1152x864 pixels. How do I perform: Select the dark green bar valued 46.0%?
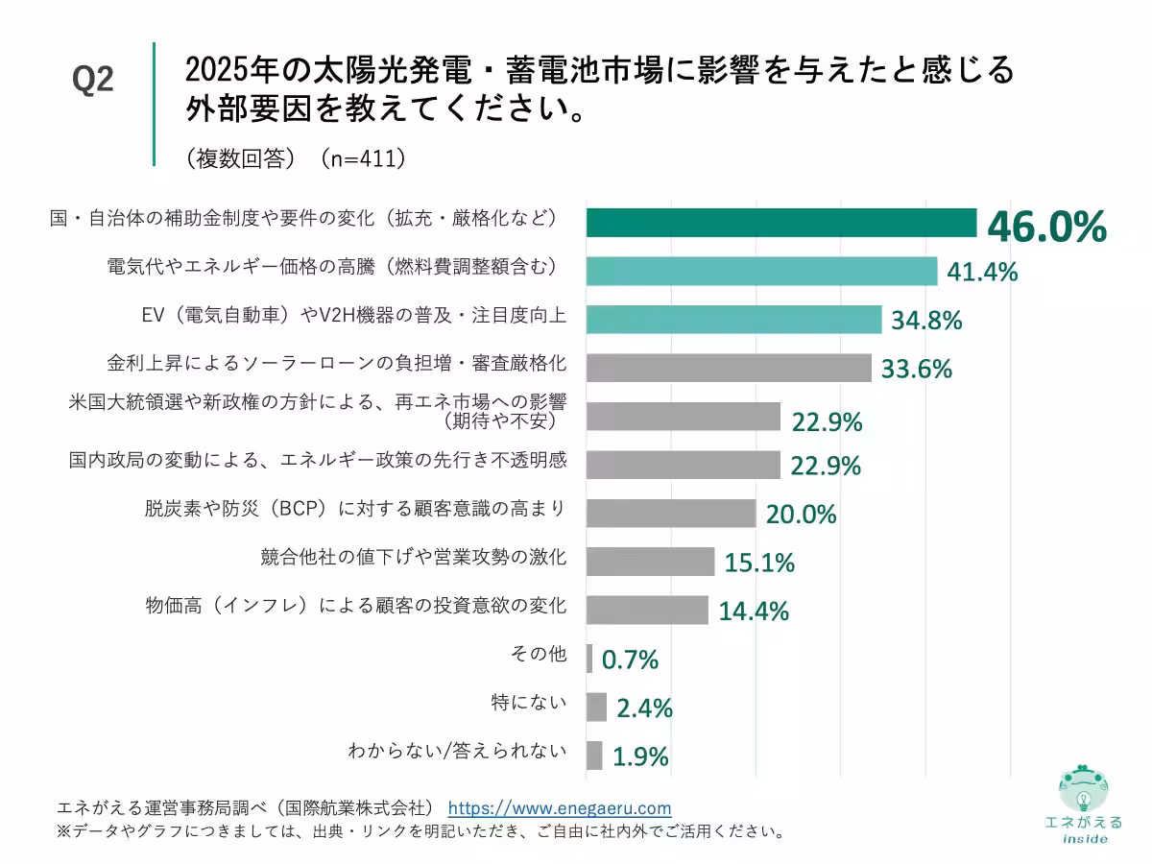click(x=780, y=223)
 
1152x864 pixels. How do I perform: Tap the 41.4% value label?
click(x=982, y=273)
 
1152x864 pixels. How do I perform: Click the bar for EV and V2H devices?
click(x=733, y=320)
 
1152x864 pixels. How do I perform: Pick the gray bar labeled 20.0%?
click(x=670, y=514)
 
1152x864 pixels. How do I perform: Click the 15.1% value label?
click(x=759, y=563)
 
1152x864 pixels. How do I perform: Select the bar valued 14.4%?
click(x=647, y=611)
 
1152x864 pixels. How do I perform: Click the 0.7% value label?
click(x=630, y=660)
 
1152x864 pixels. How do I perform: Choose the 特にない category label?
click(x=528, y=703)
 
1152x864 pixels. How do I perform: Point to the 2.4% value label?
click(x=644, y=709)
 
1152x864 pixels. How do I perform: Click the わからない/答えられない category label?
click(x=457, y=752)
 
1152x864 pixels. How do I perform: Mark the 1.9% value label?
click(x=640, y=757)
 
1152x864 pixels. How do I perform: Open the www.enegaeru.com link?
click(x=560, y=808)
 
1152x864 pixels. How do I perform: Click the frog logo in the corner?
click(x=1083, y=793)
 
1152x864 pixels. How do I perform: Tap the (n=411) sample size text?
click(x=364, y=158)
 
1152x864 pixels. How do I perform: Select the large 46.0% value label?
click(x=1047, y=228)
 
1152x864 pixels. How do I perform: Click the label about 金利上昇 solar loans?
click(x=336, y=364)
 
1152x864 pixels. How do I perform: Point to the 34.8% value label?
click(x=926, y=321)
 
